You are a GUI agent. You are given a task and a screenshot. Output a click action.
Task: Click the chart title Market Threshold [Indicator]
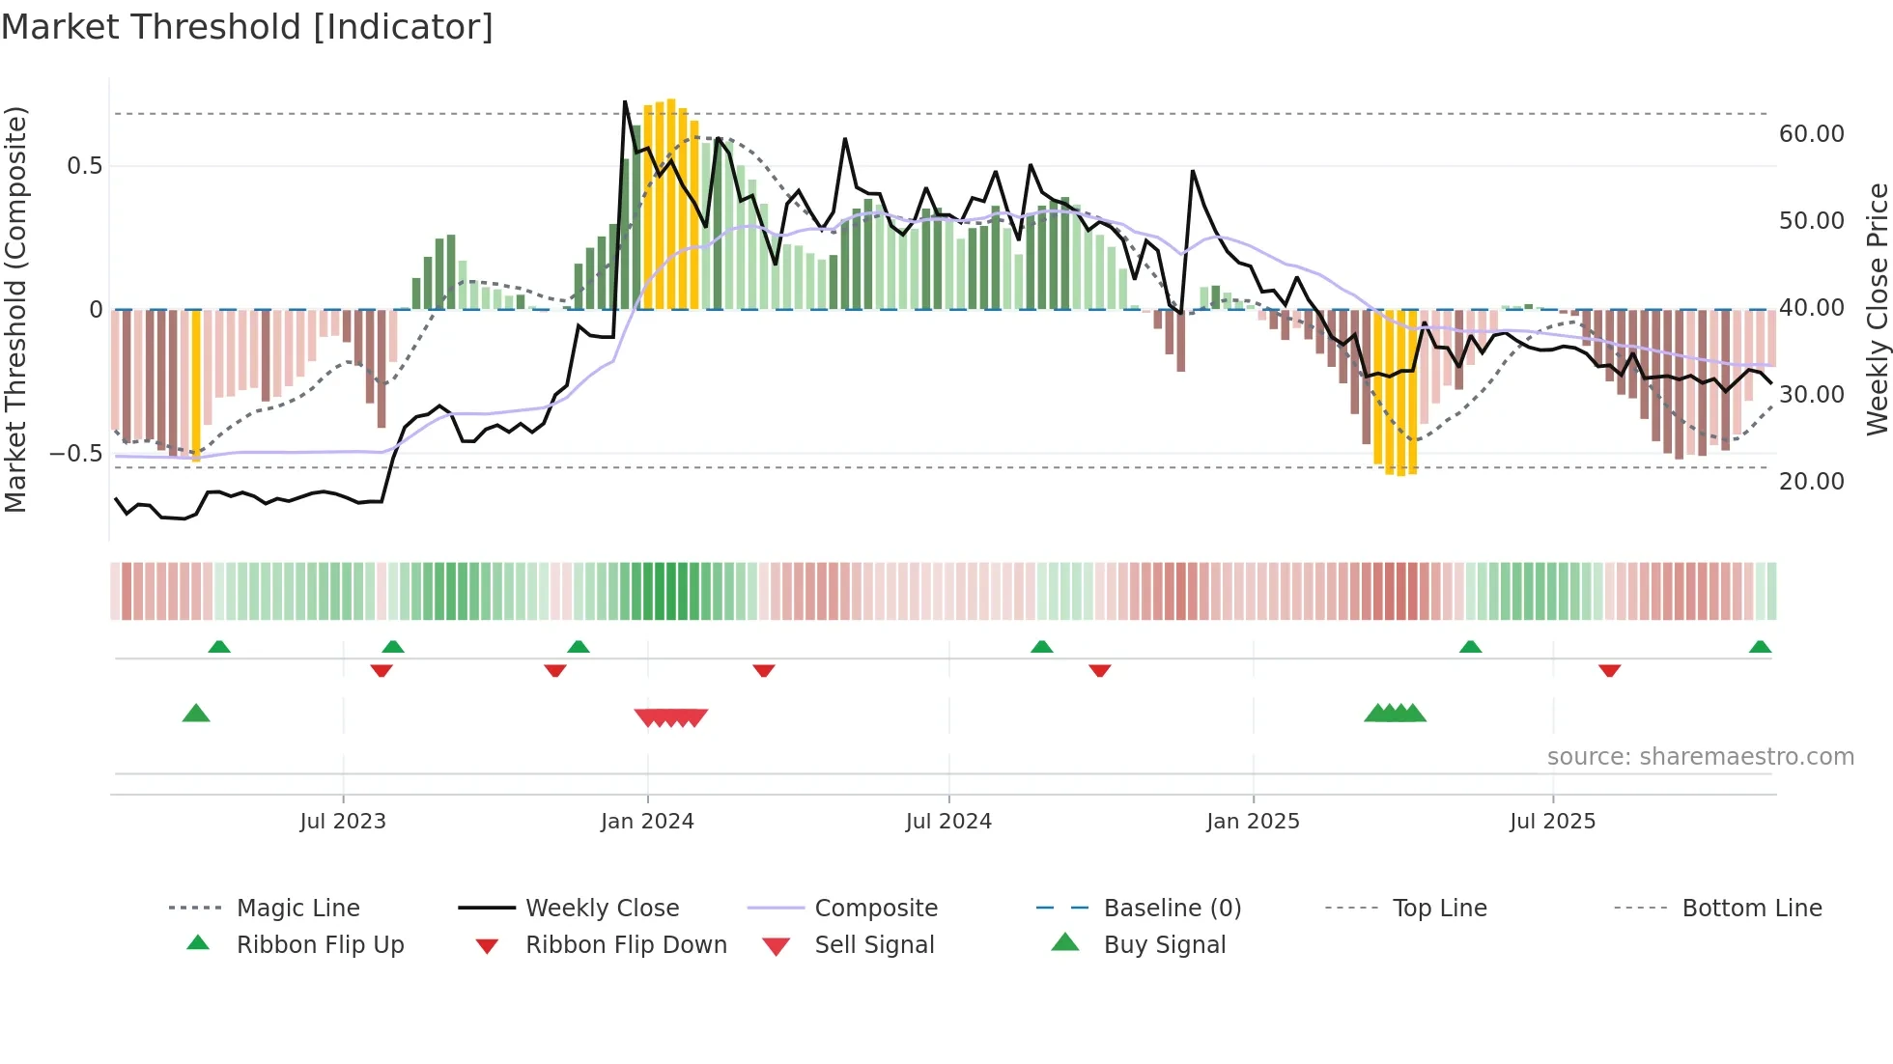tap(247, 27)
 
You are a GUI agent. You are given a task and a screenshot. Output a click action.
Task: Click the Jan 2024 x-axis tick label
tap(647, 822)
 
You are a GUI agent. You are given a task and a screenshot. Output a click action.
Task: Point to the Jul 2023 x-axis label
tap(343, 822)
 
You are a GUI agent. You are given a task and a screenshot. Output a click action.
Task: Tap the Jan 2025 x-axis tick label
tap(1253, 822)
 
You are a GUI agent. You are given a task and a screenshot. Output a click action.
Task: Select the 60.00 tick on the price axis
tap(1811, 134)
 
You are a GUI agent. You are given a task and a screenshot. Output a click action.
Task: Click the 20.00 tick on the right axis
tap(1811, 482)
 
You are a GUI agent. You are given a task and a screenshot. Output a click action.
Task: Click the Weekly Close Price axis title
tap(1877, 309)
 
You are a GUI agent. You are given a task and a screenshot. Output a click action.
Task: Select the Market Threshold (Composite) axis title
tap(15, 309)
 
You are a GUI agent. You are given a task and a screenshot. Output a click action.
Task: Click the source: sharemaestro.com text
tap(1700, 757)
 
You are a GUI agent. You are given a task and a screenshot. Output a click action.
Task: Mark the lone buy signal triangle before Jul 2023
tap(196, 714)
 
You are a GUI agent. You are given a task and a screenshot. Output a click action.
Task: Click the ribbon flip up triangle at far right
tap(1760, 647)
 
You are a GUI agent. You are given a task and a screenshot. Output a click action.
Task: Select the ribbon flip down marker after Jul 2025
tap(1609, 670)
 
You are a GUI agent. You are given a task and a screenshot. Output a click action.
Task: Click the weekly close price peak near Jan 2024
tap(625, 101)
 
